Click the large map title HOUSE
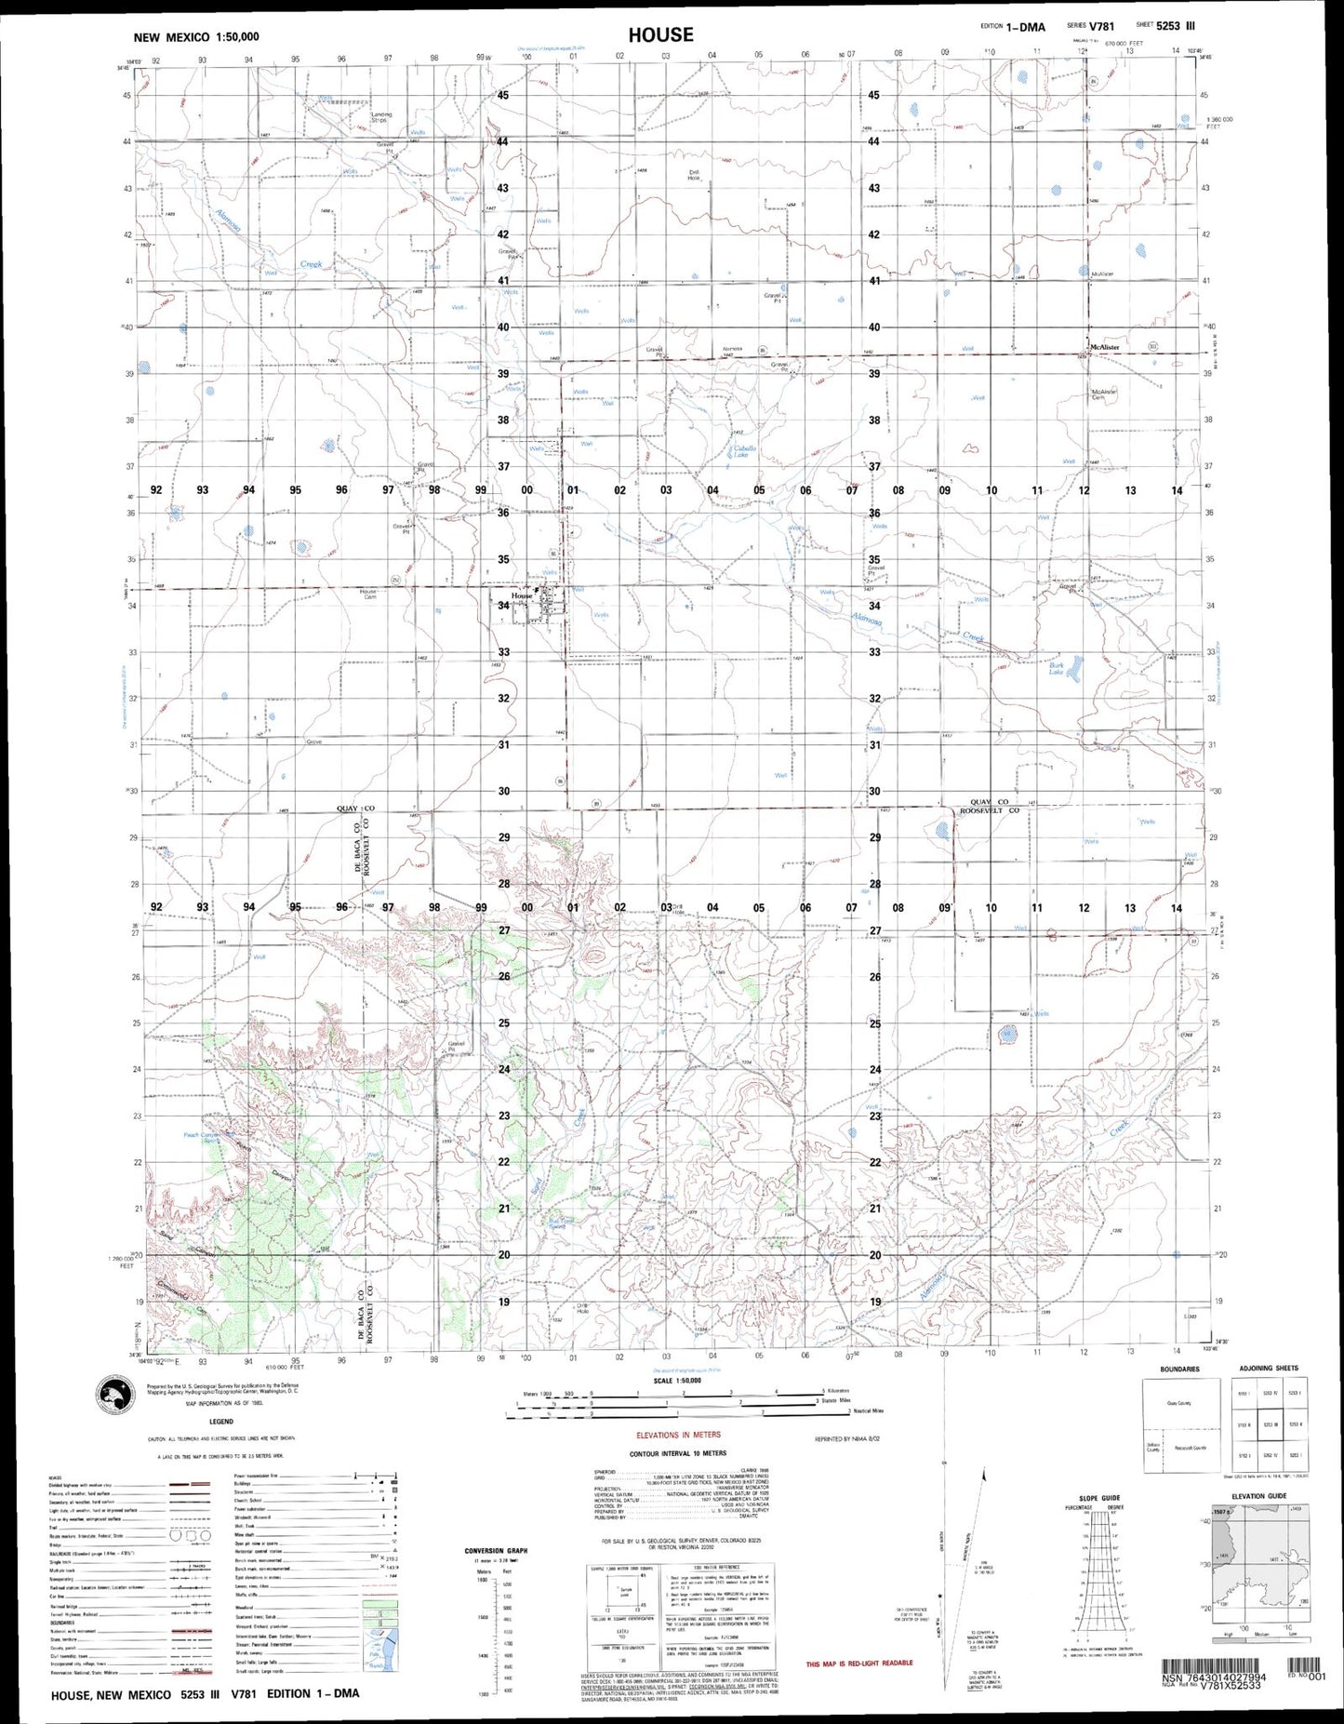pyautogui.click(x=660, y=35)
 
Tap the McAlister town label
pyautogui.click(x=1104, y=347)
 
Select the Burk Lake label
pyautogui.click(x=1057, y=668)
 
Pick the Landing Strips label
pyautogui.click(x=380, y=117)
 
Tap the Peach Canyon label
pyautogui.click(x=202, y=1136)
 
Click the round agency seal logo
pyautogui.click(x=119, y=1396)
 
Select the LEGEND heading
pyautogui.click(x=221, y=1422)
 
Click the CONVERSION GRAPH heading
pyautogui.click(x=496, y=1551)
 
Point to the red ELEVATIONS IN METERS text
pyautogui.click(x=678, y=1435)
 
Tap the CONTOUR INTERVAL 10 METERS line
pyautogui.click(x=678, y=1452)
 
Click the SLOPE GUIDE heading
pyautogui.click(x=1098, y=1497)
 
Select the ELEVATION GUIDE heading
pyautogui.click(x=1258, y=1496)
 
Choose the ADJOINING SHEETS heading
pyautogui.click(x=1268, y=1368)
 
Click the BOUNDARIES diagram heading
pyautogui.click(x=1179, y=1369)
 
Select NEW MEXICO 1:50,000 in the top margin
pyautogui.click(x=196, y=37)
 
